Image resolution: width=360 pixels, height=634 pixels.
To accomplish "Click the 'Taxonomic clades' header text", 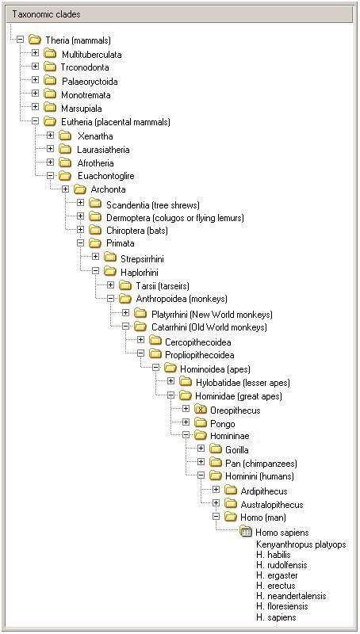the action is coord(47,14).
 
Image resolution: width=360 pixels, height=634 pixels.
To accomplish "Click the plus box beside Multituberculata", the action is coord(35,53).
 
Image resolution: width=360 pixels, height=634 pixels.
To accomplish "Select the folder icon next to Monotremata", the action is coord(50,94).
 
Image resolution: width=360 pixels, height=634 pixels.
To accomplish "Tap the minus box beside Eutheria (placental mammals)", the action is coord(35,121).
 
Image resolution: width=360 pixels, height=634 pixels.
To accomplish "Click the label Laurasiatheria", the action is coord(104,150).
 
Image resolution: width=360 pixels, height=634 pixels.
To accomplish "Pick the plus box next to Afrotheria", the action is coord(50,162).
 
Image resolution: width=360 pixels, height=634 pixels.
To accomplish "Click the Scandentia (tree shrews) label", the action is coord(153,205).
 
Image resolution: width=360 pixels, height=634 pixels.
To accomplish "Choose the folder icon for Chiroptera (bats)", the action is coord(95,230).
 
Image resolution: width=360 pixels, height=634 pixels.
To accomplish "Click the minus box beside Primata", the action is coord(80,243).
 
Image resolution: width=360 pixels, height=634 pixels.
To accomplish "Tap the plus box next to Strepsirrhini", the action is coord(95,257).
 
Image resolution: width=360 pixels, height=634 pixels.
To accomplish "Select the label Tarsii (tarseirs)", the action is coord(163,286).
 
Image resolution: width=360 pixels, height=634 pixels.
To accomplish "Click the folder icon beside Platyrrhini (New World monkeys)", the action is coord(140,313).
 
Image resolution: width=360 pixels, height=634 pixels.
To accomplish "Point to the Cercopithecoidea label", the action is coord(198,342).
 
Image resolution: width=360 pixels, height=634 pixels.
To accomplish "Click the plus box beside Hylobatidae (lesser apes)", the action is coord(170,381).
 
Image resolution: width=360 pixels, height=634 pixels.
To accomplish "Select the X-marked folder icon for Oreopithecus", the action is coord(201,410).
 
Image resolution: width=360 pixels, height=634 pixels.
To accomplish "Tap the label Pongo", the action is coord(223,424).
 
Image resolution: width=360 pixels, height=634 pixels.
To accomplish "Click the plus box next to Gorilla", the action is coord(201,449).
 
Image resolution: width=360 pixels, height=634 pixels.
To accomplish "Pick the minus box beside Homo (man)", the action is coord(216,517).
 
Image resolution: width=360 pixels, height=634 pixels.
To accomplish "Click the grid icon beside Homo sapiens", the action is coord(246,532).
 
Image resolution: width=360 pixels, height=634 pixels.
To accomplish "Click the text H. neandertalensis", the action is coord(291,596).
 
